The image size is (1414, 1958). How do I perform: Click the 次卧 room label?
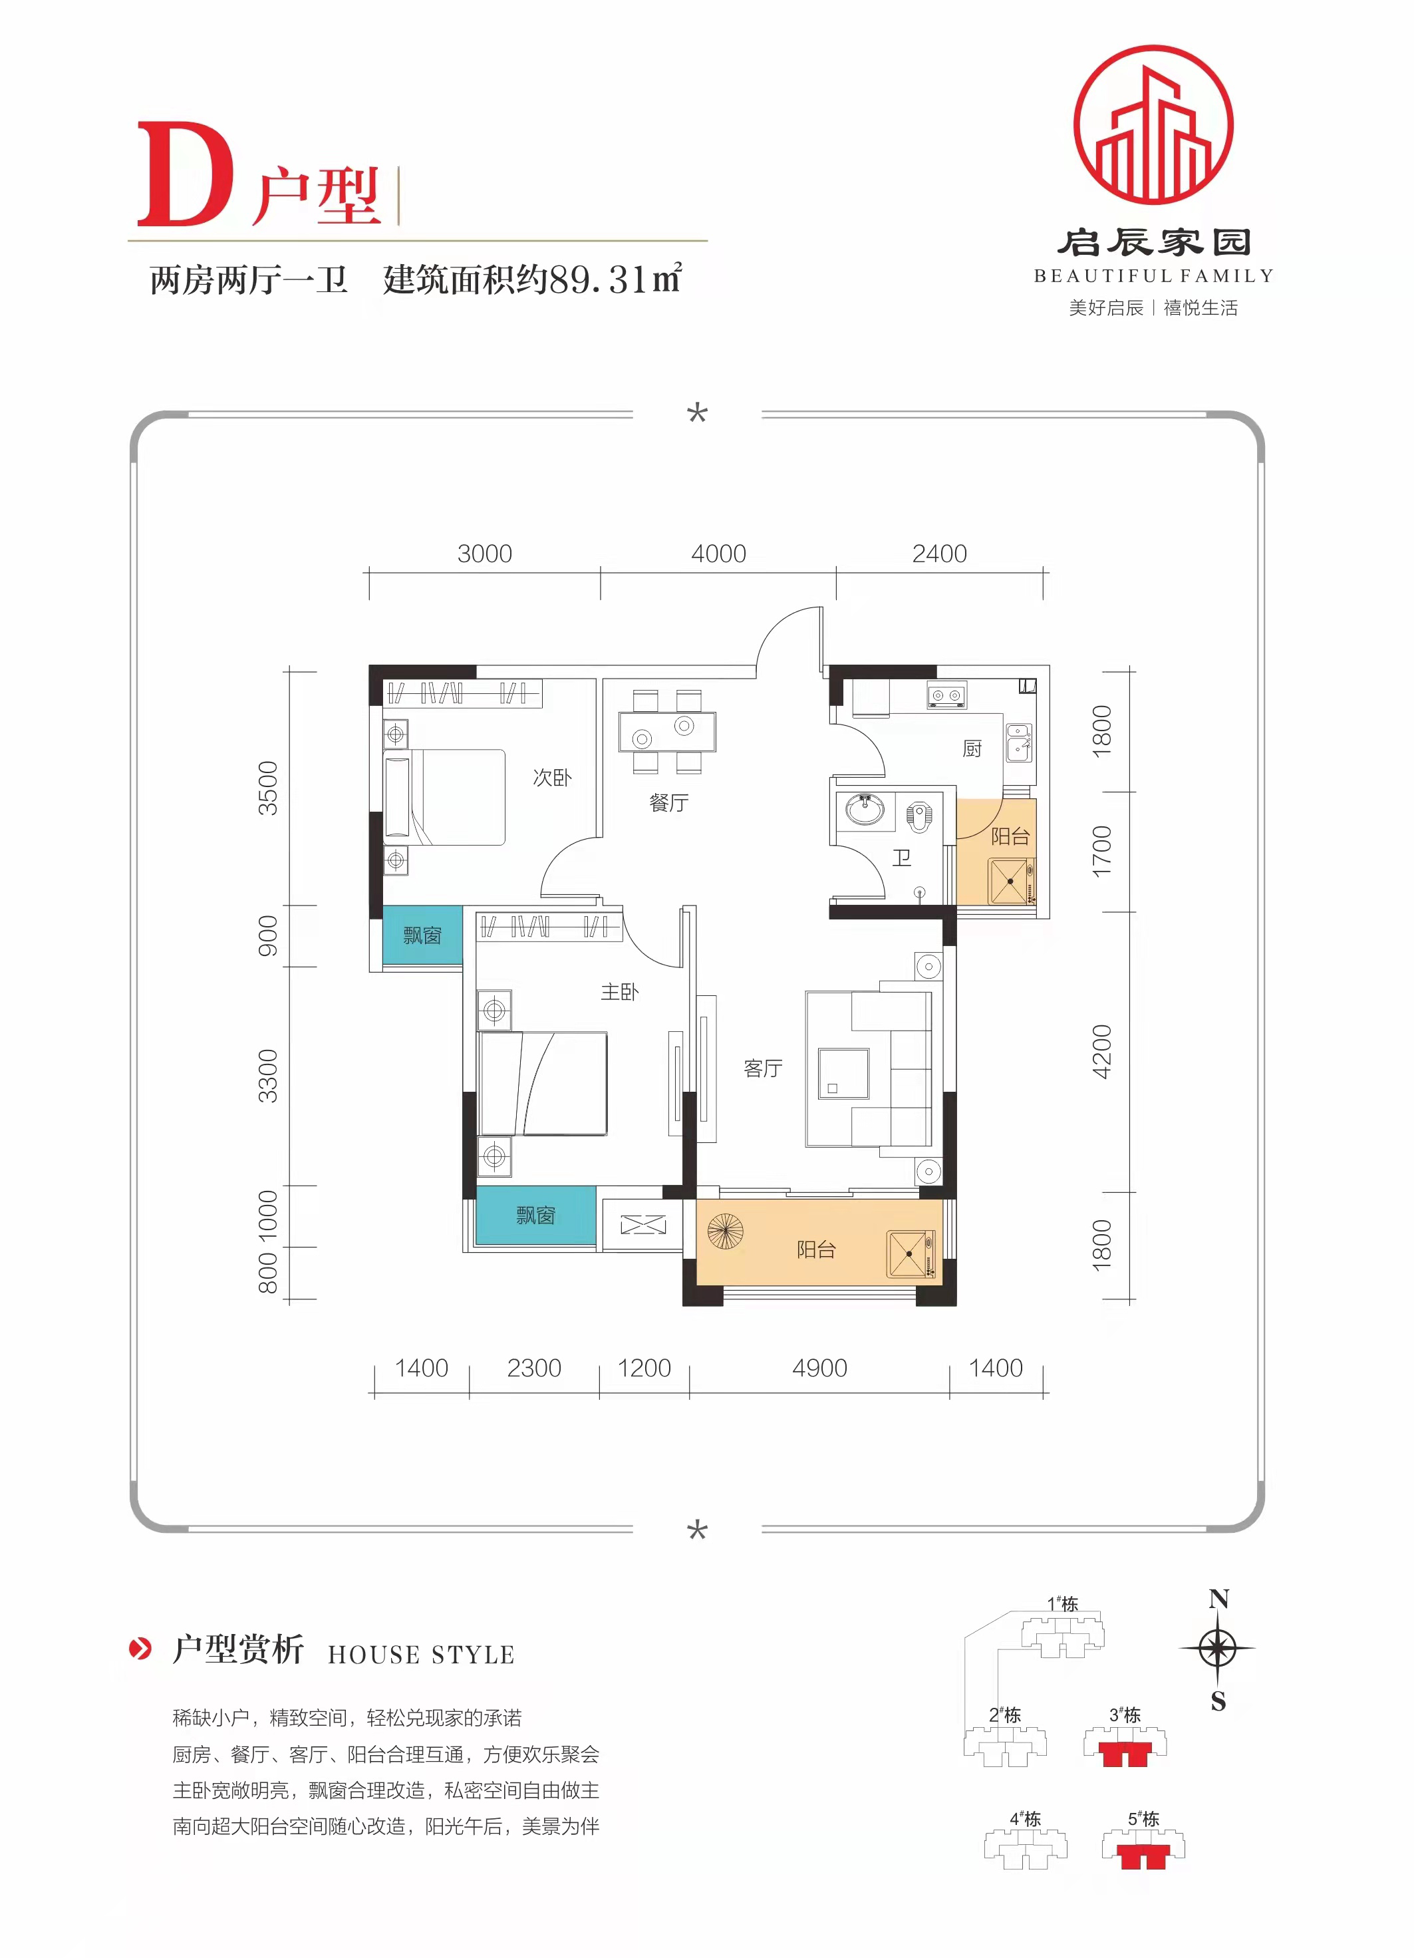tap(551, 777)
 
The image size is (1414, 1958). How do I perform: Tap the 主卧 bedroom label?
tap(620, 992)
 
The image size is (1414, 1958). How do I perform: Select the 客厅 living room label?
tap(763, 1068)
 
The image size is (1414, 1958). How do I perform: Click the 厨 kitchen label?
tap(972, 748)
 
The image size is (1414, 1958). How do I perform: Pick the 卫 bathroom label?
tap(901, 858)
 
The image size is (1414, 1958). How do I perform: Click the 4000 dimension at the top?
tap(718, 554)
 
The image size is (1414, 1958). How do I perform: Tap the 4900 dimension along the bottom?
tap(819, 1367)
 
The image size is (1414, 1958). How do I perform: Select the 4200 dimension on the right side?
tap(1101, 1051)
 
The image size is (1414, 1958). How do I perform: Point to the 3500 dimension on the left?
tap(269, 787)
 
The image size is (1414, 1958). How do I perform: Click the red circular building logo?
tap(1153, 125)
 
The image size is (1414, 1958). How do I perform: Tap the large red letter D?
tap(186, 174)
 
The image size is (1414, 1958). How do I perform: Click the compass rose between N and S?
tap(1217, 1649)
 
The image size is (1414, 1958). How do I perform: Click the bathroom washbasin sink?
tap(865, 810)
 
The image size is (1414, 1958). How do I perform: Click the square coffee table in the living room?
tap(843, 1073)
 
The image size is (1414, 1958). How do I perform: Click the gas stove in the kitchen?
tap(947, 695)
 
